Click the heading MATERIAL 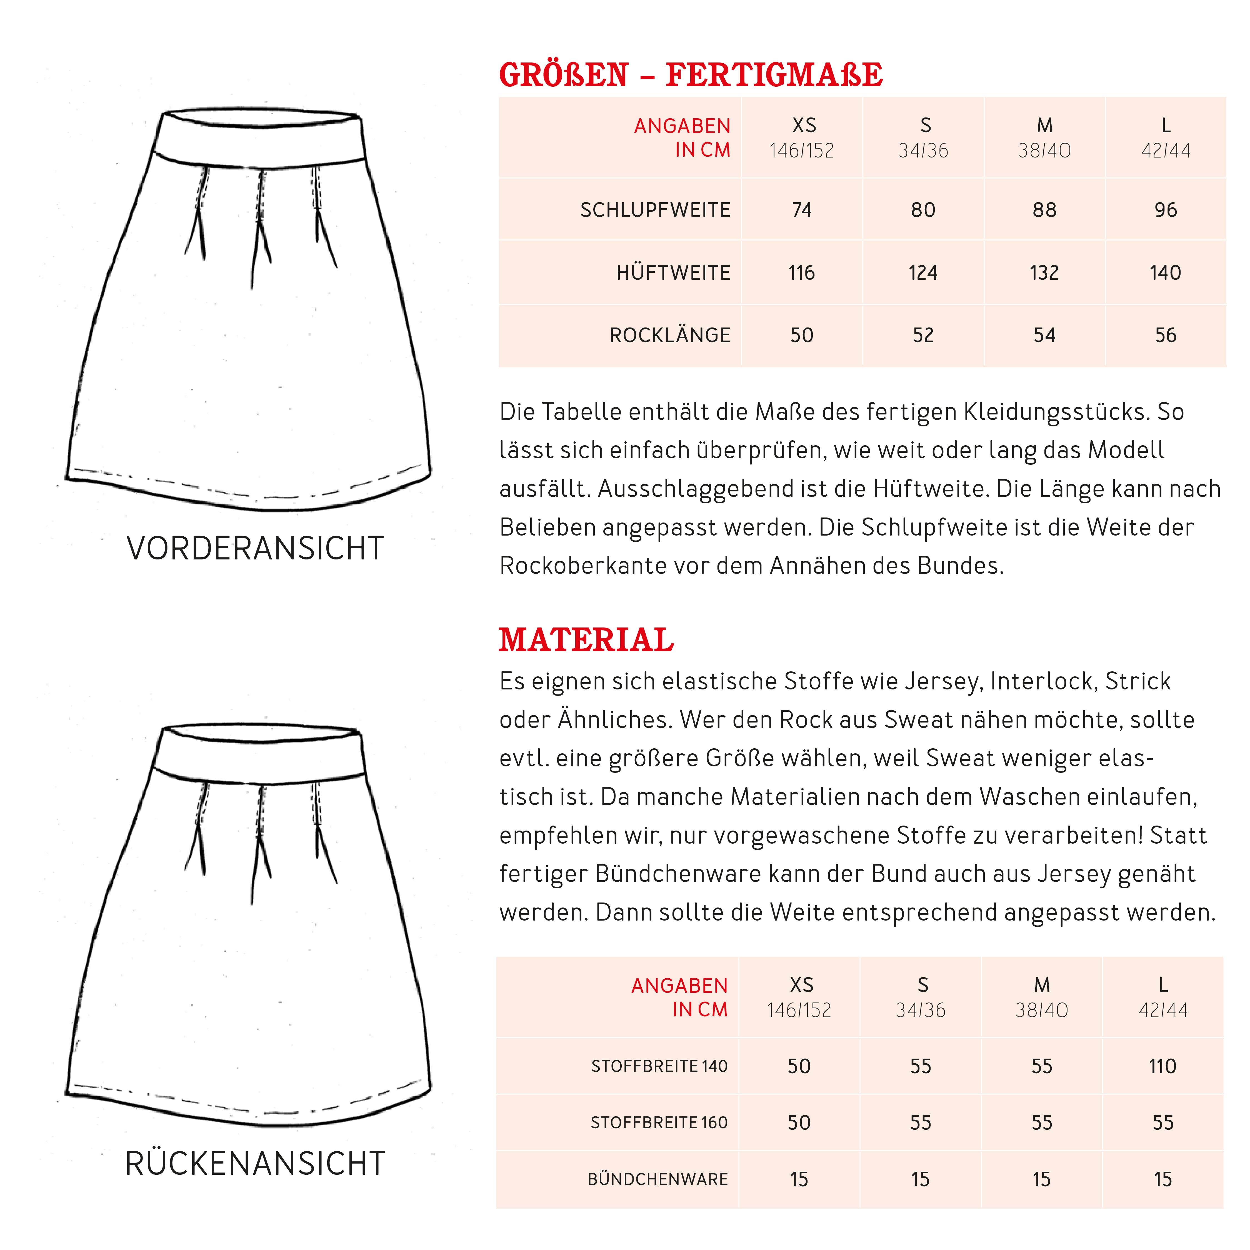[x=586, y=641]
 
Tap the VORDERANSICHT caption [x=255, y=549]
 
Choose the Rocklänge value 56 [x=1165, y=335]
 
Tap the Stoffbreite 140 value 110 [x=1163, y=1066]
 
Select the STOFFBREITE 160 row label [x=659, y=1122]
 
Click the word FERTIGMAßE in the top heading [x=774, y=75]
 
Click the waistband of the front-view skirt [x=259, y=139]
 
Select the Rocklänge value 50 [x=802, y=335]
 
